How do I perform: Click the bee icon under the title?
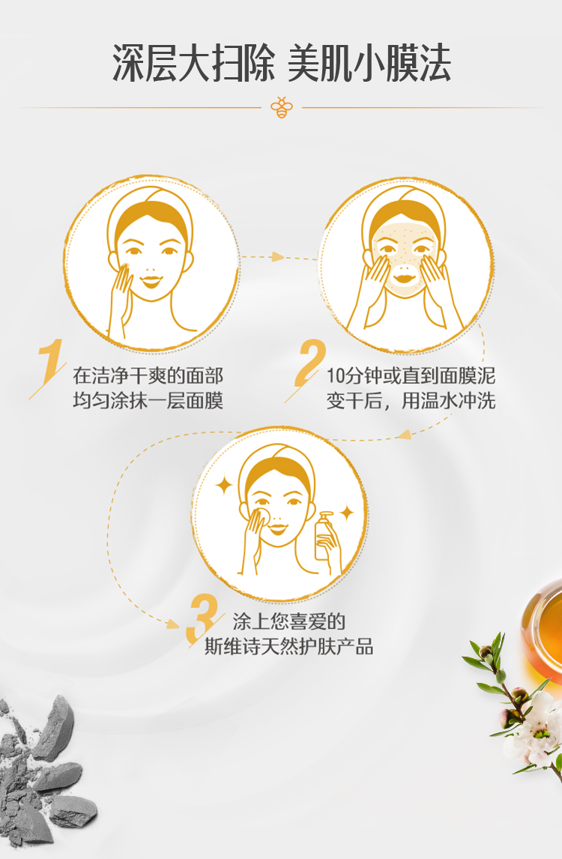282,107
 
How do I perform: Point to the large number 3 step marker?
202,619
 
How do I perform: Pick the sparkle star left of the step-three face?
223,485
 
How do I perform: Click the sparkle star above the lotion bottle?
347,513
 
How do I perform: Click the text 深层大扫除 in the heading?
193,64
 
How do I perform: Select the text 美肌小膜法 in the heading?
369,64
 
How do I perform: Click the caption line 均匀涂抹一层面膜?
148,401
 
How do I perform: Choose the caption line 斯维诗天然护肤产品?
288,647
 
